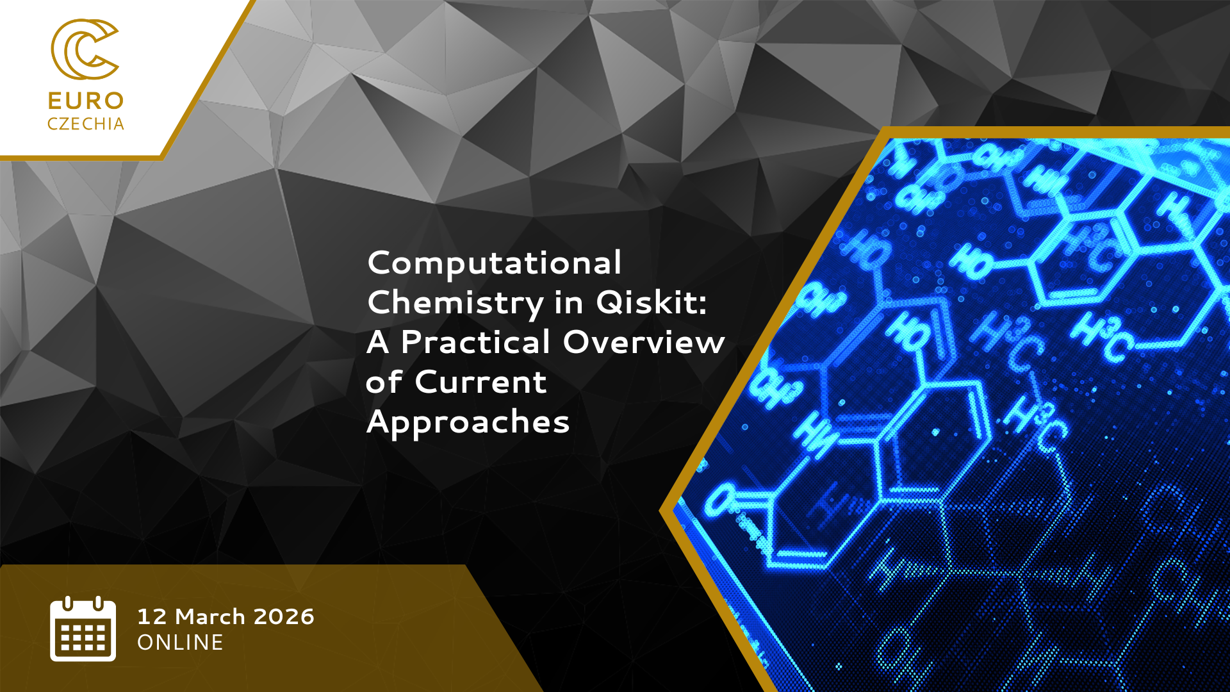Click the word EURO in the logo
click(x=86, y=101)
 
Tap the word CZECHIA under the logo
click(x=86, y=124)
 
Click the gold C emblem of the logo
click(x=85, y=49)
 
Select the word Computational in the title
click(x=495, y=263)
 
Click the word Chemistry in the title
click(x=455, y=303)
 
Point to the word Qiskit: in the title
click(x=651, y=302)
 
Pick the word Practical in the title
click(x=476, y=342)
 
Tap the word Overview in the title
click(x=644, y=342)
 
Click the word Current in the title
click(x=480, y=382)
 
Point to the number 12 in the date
click(x=152, y=616)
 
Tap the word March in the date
click(x=210, y=616)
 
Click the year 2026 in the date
click(x=284, y=616)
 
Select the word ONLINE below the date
click(x=181, y=643)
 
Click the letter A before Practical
click(x=378, y=342)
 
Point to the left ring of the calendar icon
click(x=68, y=604)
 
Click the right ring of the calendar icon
click(x=98, y=604)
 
